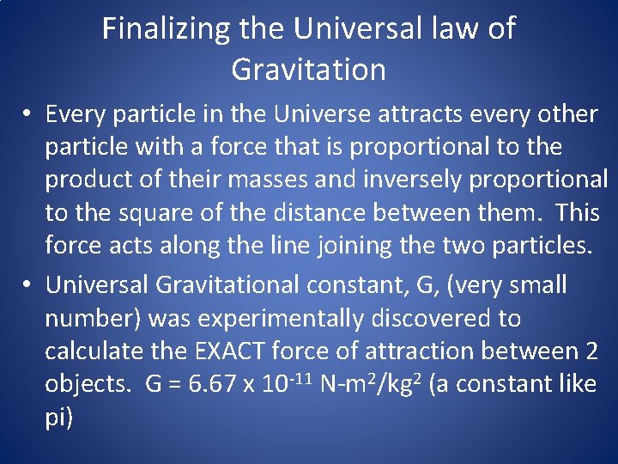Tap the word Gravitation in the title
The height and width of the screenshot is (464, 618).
point(309,69)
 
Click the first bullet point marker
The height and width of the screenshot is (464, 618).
point(28,114)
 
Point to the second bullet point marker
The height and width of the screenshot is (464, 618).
point(28,284)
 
